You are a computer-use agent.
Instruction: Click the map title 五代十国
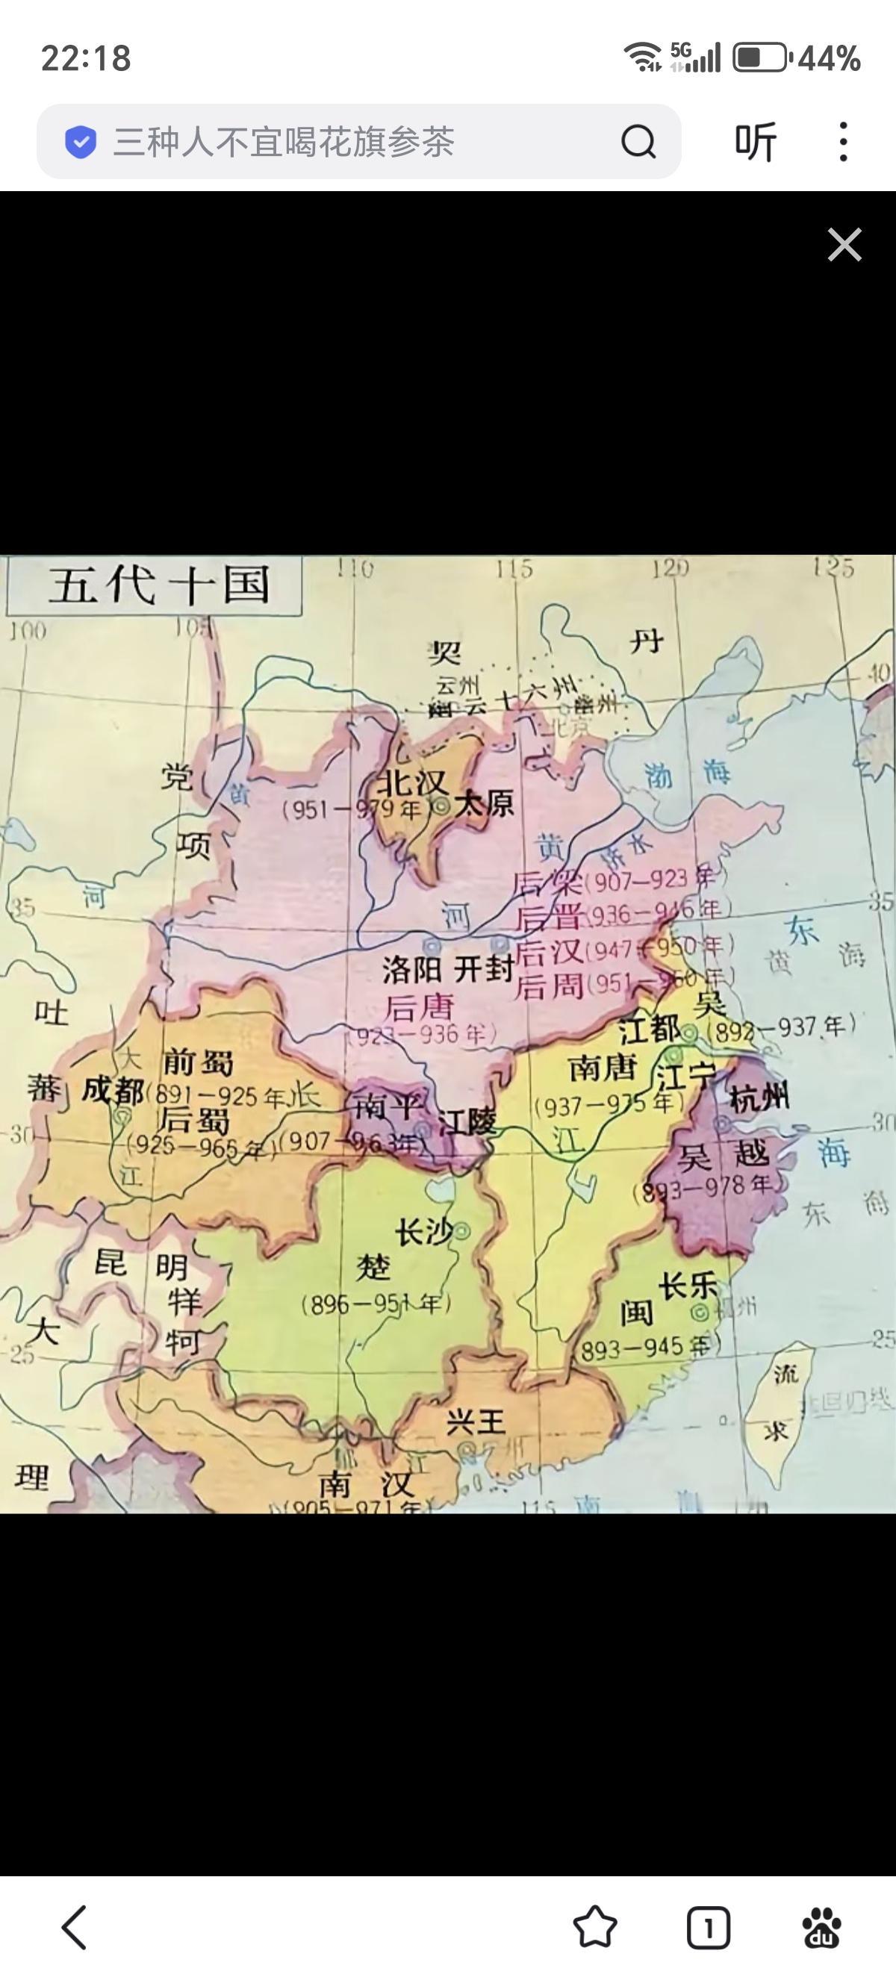pos(159,585)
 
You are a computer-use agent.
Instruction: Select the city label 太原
pos(484,805)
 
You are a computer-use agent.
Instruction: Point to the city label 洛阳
pos(412,971)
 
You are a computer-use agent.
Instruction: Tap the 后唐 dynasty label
pos(420,1007)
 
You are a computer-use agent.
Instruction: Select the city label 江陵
pos(467,1123)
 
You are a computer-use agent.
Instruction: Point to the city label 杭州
pos(759,1098)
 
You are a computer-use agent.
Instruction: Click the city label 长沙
pos(423,1232)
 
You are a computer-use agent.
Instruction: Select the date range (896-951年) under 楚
pos(375,1304)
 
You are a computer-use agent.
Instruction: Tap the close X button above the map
pos(844,245)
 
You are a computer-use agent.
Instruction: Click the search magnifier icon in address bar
pos(638,141)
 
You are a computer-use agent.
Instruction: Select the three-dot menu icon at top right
pos(843,141)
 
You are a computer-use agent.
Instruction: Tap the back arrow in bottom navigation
pos(75,1927)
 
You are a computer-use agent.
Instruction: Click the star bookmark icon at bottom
pos(595,1927)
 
